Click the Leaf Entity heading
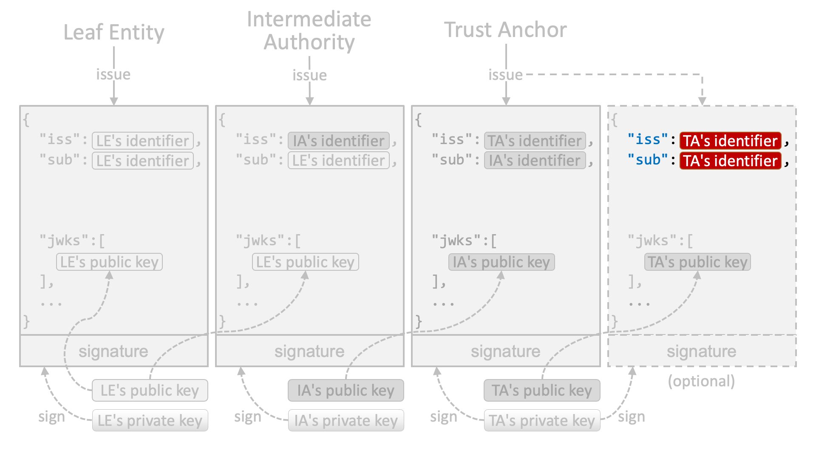pyautogui.click(x=114, y=32)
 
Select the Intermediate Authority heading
pyautogui.click(x=309, y=31)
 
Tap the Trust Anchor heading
pyautogui.click(x=505, y=30)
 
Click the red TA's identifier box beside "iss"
pyautogui.click(x=730, y=141)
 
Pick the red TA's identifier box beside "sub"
pyautogui.click(x=730, y=161)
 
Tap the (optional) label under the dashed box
pyautogui.click(x=701, y=381)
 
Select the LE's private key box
pyautogui.click(x=150, y=420)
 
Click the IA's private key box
pyautogui.click(x=346, y=420)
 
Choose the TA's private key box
pyautogui.click(x=542, y=420)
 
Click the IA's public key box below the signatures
pyautogui.click(x=346, y=391)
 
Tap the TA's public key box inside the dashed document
pyautogui.click(x=697, y=262)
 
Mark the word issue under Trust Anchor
pyautogui.click(x=505, y=75)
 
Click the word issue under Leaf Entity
pyautogui.click(x=113, y=74)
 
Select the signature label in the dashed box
pyautogui.click(x=701, y=351)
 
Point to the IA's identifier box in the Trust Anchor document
pyautogui.click(x=535, y=161)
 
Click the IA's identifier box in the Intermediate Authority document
pyautogui.click(x=339, y=141)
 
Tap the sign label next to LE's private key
pyautogui.click(x=51, y=417)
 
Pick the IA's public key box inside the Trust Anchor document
pyautogui.click(x=501, y=262)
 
